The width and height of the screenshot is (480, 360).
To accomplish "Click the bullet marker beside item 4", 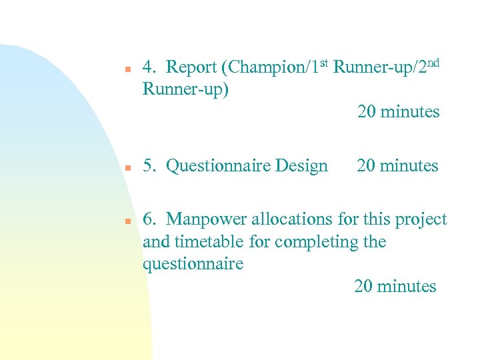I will [126, 68].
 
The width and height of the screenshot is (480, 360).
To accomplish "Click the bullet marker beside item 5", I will [126, 167].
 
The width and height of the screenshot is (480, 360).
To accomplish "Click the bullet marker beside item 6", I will [126, 221].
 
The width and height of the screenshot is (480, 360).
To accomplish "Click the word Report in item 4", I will [191, 67].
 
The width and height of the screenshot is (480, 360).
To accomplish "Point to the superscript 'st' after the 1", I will [322, 64].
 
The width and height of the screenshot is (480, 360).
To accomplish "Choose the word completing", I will [317, 241].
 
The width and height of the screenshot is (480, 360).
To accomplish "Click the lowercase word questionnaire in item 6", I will [193, 264].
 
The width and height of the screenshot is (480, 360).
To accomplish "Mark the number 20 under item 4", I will [366, 112].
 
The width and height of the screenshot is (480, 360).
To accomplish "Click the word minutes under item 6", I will [406, 287].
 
